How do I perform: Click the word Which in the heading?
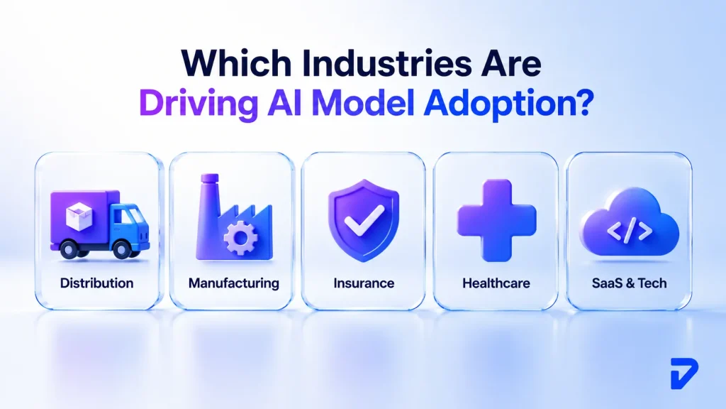click(237, 63)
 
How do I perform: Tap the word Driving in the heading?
click(199, 103)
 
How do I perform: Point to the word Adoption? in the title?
click(508, 103)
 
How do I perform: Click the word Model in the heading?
click(363, 103)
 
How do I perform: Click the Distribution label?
click(96, 283)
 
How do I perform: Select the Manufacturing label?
click(234, 283)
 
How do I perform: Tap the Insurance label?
click(364, 283)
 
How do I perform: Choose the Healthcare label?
click(496, 283)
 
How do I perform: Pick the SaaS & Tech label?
click(630, 283)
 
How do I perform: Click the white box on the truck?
click(79, 216)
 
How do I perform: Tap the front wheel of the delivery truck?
click(122, 249)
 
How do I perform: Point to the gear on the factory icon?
click(240, 238)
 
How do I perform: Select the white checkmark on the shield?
click(364, 219)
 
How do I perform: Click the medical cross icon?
click(496, 220)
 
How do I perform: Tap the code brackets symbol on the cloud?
click(630, 231)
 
